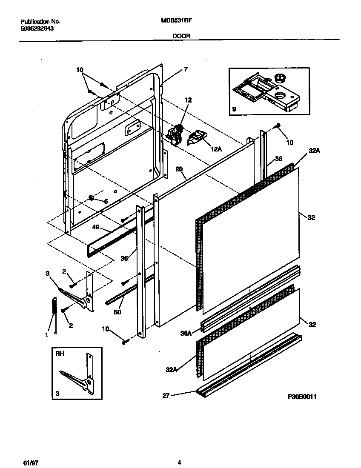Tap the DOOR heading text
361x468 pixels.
click(x=181, y=37)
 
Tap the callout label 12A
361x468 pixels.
click(x=216, y=149)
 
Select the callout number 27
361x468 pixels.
click(x=166, y=396)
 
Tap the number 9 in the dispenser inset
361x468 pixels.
click(x=234, y=109)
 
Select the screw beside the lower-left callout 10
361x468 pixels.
click(x=124, y=340)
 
